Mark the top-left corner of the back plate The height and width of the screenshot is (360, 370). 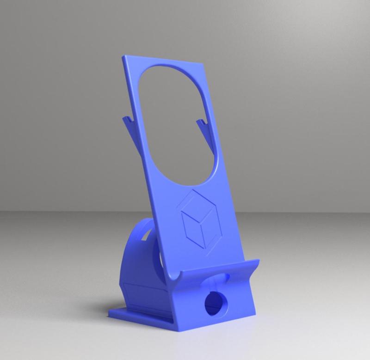[x=124, y=57]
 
